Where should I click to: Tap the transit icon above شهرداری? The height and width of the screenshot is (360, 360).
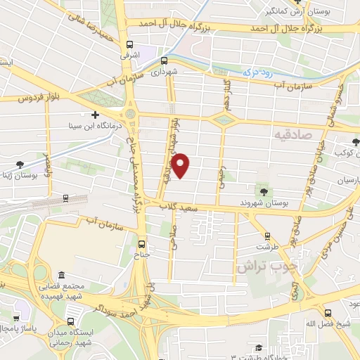163,61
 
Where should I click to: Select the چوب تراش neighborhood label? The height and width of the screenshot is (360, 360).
260,267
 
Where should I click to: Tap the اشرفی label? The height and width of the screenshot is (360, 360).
129,54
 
